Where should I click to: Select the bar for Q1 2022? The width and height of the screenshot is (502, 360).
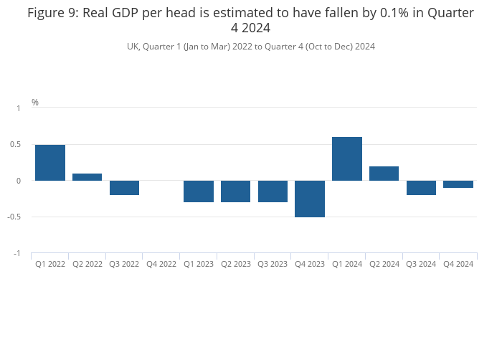point(50,163)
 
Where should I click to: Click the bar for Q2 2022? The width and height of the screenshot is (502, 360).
point(87,177)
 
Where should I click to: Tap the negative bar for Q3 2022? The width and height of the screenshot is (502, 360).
point(124,188)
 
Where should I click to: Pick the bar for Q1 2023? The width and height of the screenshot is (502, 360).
point(199,191)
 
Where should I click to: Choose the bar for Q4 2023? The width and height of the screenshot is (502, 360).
point(310,199)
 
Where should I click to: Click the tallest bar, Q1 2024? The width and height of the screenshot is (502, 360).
point(347,159)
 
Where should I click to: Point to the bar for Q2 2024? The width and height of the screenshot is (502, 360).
point(384,174)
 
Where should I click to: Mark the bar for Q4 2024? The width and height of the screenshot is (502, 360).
point(458,184)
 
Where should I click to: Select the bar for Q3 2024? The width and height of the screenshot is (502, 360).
point(421,188)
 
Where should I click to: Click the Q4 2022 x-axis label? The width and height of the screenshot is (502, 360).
point(161,265)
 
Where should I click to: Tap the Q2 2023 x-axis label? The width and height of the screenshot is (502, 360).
point(236,265)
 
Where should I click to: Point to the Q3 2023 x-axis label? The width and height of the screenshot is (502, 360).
point(273,265)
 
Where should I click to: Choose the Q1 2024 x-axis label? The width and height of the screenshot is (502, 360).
point(347,265)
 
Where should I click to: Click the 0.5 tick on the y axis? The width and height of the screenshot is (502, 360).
point(16,145)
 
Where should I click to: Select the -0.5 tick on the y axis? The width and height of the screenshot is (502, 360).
point(15,217)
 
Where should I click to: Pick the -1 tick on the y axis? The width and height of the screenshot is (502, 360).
point(17,254)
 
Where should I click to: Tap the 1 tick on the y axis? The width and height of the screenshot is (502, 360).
point(19,108)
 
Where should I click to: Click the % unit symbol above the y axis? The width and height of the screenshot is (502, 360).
point(35,103)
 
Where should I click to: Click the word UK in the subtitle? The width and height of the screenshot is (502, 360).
point(133,47)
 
